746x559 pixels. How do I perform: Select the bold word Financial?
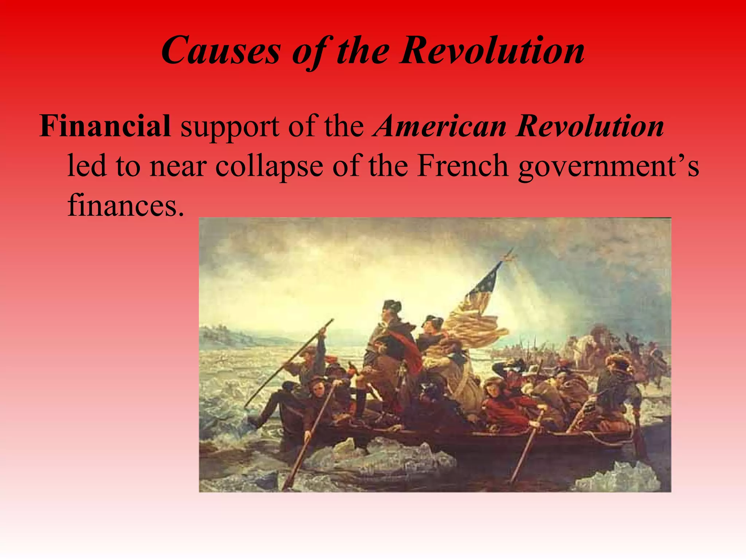click(105, 126)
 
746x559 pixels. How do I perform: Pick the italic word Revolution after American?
click(590, 126)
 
